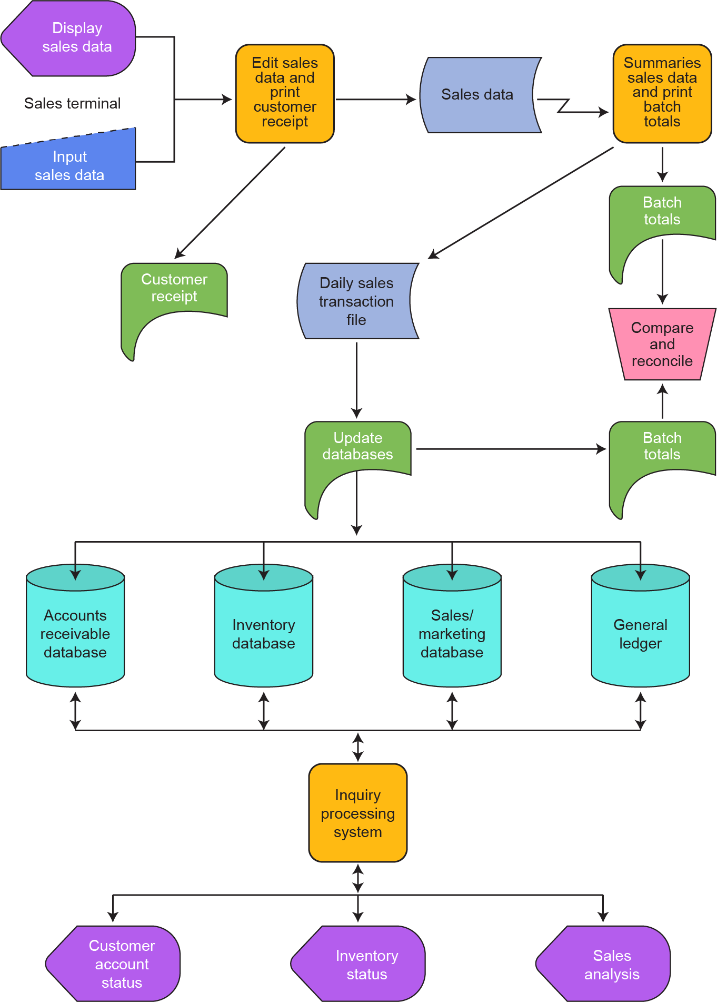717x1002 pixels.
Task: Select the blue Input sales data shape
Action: point(69,165)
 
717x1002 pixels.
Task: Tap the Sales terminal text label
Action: point(72,103)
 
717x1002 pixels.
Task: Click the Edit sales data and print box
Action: point(285,93)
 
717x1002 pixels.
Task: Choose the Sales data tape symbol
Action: point(477,95)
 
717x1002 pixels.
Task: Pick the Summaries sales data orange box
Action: point(662,93)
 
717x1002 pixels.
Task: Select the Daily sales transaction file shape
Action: point(356,301)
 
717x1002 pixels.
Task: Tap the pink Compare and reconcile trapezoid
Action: point(662,344)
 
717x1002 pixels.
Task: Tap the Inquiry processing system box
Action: point(358,813)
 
